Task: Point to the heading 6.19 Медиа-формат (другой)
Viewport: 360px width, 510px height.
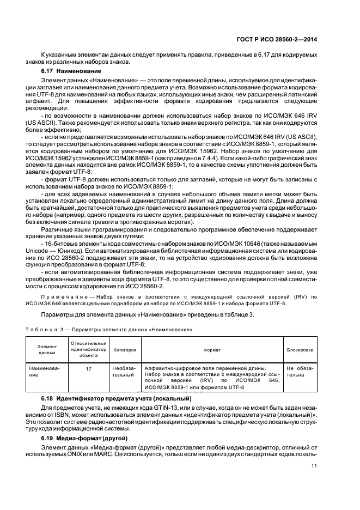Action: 84,438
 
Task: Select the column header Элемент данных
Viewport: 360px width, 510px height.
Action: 47,350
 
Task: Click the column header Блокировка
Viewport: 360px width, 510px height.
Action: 300,350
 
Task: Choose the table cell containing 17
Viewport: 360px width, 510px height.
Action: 88,369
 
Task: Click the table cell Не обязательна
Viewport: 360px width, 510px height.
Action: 299,372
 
